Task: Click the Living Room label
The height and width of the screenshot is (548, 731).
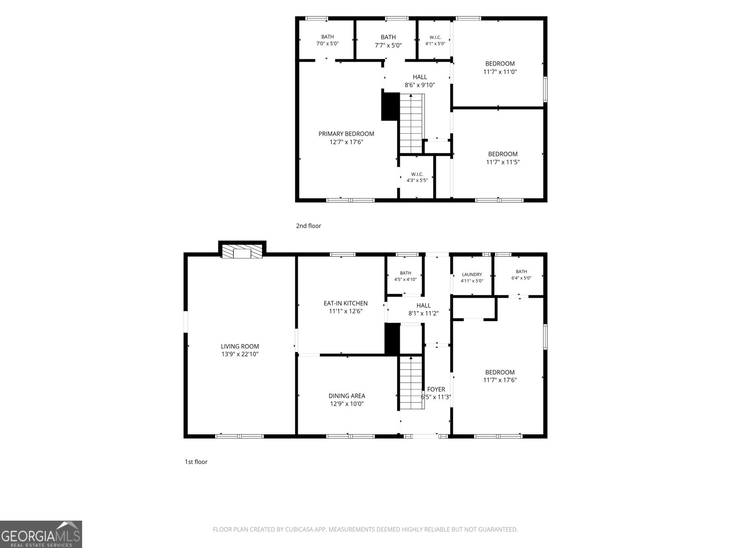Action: point(240,346)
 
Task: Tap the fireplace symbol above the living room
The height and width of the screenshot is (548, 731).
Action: point(242,252)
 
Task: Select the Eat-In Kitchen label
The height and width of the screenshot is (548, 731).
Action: point(346,303)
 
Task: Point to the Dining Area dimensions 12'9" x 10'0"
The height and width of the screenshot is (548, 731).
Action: point(347,404)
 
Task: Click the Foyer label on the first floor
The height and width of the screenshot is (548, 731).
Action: point(436,389)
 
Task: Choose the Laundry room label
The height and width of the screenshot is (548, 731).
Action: point(472,274)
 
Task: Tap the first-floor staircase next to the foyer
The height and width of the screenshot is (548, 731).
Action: point(412,383)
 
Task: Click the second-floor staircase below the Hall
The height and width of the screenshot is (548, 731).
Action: point(412,123)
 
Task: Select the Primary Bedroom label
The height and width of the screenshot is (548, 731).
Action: point(346,134)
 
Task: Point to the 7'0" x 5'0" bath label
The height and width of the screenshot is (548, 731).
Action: point(328,40)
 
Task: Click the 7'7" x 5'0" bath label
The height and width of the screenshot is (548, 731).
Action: point(388,41)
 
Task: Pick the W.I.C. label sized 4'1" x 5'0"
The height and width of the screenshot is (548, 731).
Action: point(435,41)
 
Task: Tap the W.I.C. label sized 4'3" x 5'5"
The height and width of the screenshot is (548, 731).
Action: point(417,177)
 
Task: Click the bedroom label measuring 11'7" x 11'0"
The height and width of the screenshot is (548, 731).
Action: point(500,68)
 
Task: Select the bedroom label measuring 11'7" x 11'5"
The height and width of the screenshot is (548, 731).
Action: point(503,158)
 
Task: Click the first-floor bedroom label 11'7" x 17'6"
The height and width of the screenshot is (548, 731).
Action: point(500,376)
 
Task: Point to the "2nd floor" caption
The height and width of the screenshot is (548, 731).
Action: point(308,226)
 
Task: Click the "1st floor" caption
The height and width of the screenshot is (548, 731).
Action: point(196,462)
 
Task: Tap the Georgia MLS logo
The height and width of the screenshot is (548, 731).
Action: point(41,534)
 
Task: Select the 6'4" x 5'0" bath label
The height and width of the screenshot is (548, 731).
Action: point(521,275)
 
